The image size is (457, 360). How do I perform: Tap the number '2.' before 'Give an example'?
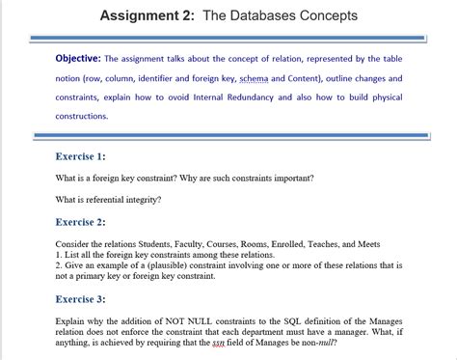pyautogui.click(x=60, y=264)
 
